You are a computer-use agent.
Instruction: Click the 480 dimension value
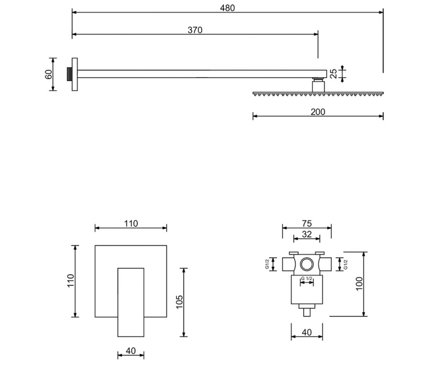coord(227,8)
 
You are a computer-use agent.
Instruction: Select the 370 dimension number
coord(195,30)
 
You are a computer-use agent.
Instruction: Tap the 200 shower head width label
coord(318,112)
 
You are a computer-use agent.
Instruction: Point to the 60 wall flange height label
coord(49,74)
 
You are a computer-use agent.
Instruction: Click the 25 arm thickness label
coord(333,74)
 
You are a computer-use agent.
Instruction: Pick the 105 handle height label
coord(180,302)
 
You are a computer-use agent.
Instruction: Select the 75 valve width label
coord(307,224)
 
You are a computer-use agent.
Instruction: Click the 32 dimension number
coord(307,235)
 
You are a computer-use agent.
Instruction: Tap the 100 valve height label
coord(359,284)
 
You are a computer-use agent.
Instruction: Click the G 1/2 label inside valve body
coord(307,279)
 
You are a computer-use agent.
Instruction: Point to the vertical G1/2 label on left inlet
coord(267,264)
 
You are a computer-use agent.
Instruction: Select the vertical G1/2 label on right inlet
coord(345,265)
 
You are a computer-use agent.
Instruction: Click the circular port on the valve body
coord(307,264)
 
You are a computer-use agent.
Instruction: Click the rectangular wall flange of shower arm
coord(74,74)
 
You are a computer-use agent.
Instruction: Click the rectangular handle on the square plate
coord(131,302)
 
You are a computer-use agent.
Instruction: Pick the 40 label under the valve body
coord(307,333)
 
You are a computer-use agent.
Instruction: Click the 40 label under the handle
coord(131,351)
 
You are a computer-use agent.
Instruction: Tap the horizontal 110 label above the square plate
coord(131,224)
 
